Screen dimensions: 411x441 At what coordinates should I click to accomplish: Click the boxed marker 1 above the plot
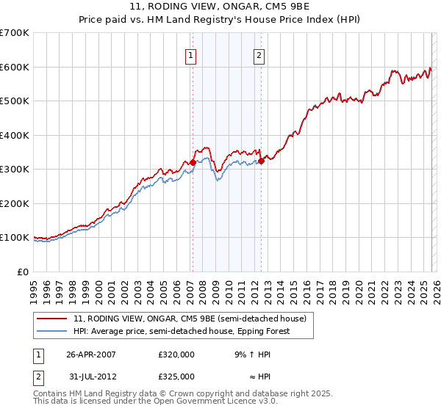[191, 54]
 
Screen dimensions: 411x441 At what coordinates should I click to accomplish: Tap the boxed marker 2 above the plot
[260, 54]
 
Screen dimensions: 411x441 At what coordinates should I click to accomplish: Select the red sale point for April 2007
[193, 163]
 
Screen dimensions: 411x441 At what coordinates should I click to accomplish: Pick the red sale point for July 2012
[261, 161]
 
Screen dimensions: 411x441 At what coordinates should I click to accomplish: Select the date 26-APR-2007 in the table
[91, 354]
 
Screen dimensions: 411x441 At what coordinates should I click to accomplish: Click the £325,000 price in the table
[176, 376]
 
